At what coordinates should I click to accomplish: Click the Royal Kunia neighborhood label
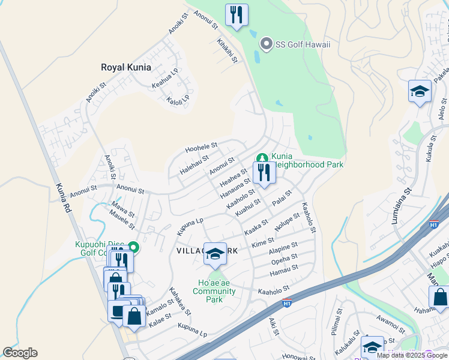click(126, 67)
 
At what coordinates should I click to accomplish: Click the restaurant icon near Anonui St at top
click(237, 14)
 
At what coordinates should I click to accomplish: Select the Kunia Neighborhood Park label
click(306, 160)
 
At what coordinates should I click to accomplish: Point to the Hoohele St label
click(200, 146)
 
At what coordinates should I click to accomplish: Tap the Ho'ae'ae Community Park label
click(214, 291)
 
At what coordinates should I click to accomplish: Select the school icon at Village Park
click(214, 254)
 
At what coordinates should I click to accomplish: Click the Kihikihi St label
click(227, 50)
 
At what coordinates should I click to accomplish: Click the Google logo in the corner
click(20, 353)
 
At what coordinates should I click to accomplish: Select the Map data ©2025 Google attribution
click(412, 355)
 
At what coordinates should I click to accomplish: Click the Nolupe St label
click(287, 222)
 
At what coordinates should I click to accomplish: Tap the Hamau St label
click(284, 271)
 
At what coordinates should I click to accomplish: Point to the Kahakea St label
click(180, 301)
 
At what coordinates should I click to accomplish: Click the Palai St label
click(281, 197)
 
